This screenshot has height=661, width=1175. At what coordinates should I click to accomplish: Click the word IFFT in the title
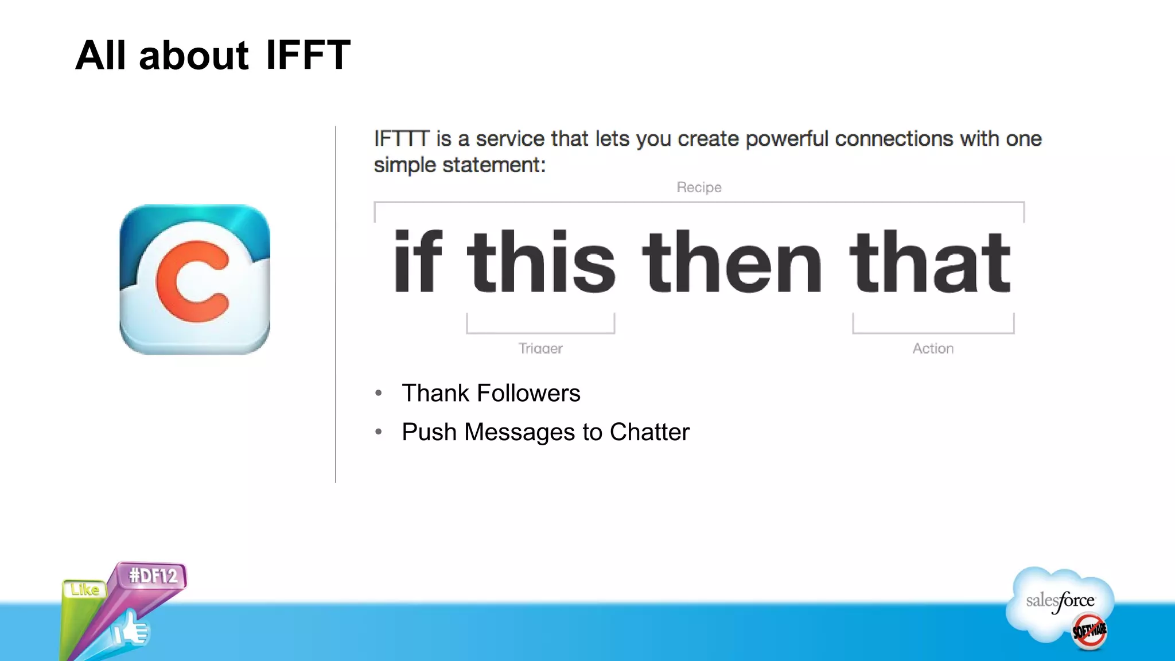pos(308,56)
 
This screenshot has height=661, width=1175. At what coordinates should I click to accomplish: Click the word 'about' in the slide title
pos(193,56)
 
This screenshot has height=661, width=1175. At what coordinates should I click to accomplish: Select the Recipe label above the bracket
pos(699,187)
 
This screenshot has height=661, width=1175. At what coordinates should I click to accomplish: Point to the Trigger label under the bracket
pos(540,348)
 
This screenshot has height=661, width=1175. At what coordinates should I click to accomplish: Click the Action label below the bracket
pos(933,348)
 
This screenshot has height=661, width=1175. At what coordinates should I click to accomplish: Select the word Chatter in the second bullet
pos(649,432)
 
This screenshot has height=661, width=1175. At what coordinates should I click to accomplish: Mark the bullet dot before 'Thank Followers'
pos(379,393)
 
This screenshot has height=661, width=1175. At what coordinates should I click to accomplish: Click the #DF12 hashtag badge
pos(153,575)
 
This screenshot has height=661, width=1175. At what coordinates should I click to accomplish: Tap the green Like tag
pos(85,589)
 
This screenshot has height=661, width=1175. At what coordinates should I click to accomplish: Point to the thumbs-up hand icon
pos(131,629)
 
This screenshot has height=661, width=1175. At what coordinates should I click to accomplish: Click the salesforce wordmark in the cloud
pos(1060,601)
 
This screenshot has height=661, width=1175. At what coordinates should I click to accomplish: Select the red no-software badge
pos(1089,631)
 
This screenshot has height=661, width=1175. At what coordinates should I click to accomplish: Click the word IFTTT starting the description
pos(401,139)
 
